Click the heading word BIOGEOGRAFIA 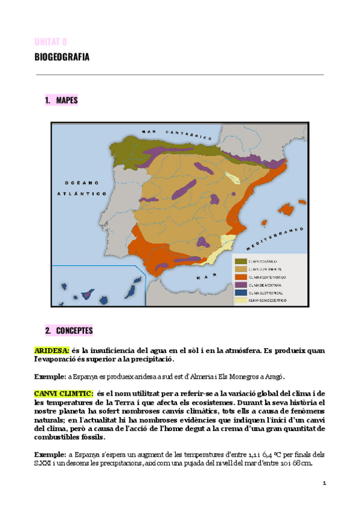point(62,58)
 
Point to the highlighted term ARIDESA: point(52,350)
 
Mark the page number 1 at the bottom point(324,483)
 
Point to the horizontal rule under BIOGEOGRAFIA point(180,75)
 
